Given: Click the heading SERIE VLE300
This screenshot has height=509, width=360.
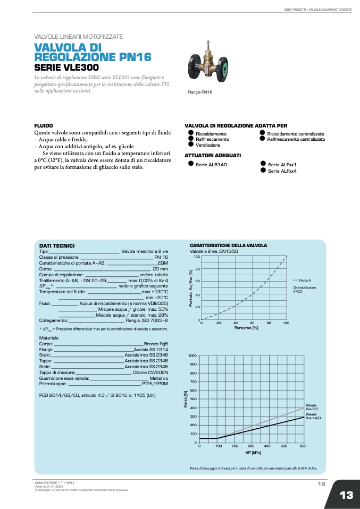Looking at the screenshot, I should [66, 67].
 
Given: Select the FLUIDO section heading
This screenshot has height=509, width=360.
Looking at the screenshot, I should [44, 125].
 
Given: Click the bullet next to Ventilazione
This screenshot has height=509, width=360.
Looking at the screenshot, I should [190, 145].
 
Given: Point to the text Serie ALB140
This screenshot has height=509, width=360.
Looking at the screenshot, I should [211, 165].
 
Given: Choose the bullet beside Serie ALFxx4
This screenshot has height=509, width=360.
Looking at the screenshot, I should [263, 171].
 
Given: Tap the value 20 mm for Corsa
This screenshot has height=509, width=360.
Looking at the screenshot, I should [160, 269].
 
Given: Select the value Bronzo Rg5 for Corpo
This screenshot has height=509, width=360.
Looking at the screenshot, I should [156, 344].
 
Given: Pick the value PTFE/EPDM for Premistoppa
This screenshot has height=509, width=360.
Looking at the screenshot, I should [155, 384].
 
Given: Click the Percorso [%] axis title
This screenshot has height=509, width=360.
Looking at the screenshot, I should [246, 328].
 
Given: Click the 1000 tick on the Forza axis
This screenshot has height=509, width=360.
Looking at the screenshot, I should [192, 355].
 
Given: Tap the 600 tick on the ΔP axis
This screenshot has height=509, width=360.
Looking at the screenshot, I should [303, 446].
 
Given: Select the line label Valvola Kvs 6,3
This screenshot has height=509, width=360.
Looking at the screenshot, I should [312, 407].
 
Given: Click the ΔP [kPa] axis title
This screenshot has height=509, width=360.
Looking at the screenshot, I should [253, 453].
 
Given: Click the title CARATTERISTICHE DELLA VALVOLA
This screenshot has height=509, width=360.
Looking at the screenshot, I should [228, 245].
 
